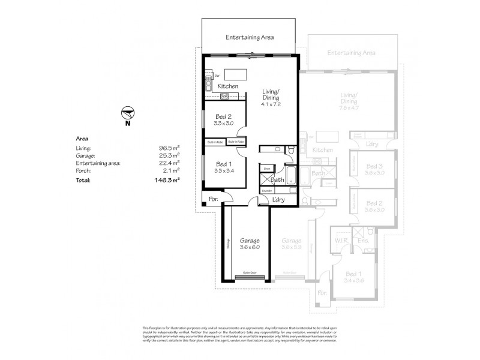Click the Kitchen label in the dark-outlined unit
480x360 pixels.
[x=228, y=87]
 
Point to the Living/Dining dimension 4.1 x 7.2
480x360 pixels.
[x=271, y=104]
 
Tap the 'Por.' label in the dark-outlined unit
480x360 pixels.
[x=212, y=199]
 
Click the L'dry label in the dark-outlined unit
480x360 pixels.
[x=278, y=199]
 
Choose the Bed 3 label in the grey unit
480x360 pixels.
[x=374, y=166]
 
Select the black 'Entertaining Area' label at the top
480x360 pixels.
[x=250, y=37]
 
